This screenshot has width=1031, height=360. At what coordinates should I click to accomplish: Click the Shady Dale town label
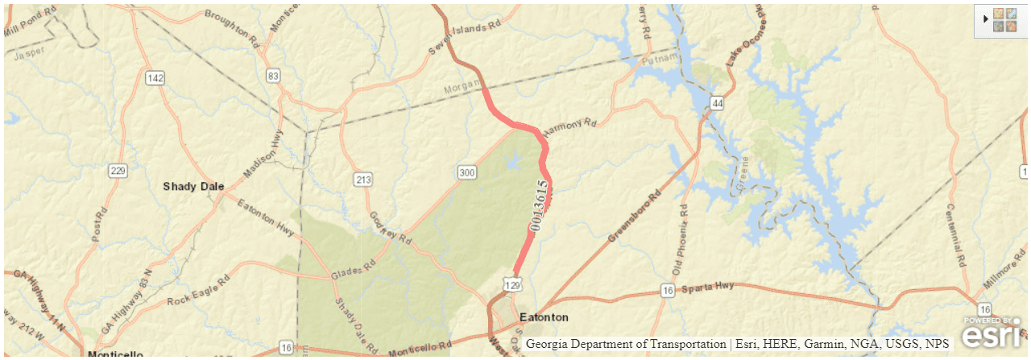[193, 187]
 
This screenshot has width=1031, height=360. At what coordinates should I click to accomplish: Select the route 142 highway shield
[155, 78]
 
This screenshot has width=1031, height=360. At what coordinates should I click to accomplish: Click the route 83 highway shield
[275, 76]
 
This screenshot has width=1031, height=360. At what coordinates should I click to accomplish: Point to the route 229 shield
[118, 170]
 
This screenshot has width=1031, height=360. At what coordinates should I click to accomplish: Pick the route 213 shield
[362, 178]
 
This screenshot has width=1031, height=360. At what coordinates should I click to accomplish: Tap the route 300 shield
[466, 172]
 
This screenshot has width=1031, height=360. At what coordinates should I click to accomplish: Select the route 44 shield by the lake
[716, 103]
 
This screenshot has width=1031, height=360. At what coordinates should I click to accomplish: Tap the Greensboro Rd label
[637, 217]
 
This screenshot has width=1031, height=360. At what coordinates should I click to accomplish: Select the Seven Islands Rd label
[464, 38]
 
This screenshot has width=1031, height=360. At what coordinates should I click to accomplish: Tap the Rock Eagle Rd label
[198, 291]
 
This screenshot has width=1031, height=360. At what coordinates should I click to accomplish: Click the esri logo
[992, 331]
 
